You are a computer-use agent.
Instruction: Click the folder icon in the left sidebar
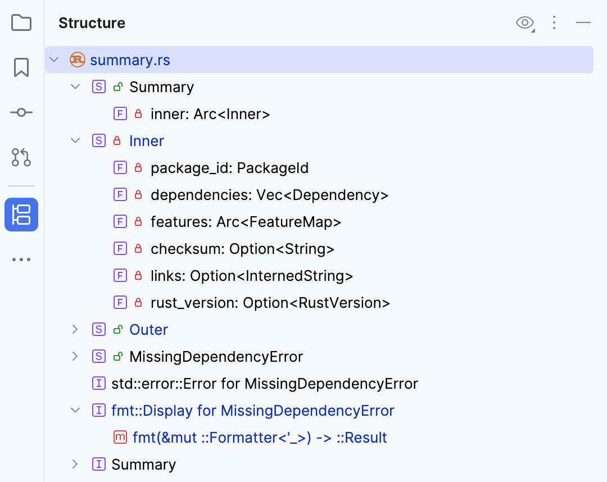pyautogui.click(x=21, y=23)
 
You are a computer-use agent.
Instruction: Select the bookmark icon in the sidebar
pyautogui.click(x=21, y=67)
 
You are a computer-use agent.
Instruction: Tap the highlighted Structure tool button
pyautogui.click(x=21, y=215)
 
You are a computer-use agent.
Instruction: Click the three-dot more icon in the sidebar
pyautogui.click(x=21, y=260)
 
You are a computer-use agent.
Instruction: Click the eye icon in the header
pyautogui.click(x=524, y=23)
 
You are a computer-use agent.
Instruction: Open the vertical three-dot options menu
pyautogui.click(x=554, y=23)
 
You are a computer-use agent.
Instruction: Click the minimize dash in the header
pyautogui.click(x=583, y=23)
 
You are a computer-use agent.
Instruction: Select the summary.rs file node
pyautogui.click(x=130, y=60)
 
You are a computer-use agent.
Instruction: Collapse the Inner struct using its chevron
pyautogui.click(x=75, y=141)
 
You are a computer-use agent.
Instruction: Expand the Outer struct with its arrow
pyautogui.click(x=75, y=330)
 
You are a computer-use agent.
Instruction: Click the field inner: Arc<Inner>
pyautogui.click(x=210, y=114)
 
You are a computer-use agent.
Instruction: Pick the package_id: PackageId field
pyautogui.click(x=229, y=168)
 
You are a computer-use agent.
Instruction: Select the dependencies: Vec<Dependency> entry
pyautogui.click(x=269, y=195)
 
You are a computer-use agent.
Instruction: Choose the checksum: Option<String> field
pyautogui.click(x=242, y=249)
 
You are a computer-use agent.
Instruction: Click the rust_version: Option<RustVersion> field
pyautogui.click(x=270, y=303)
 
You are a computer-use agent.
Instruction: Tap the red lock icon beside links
pyautogui.click(x=138, y=276)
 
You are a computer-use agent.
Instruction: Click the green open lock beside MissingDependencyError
pyautogui.click(x=117, y=357)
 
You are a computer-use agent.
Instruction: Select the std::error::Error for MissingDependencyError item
pyautogui.click(x=264, y=384)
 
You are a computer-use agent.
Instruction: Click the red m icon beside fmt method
pyautogui.click(x=120, y=438)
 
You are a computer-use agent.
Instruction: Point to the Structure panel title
pyautogui.click(x=92, y=23)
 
